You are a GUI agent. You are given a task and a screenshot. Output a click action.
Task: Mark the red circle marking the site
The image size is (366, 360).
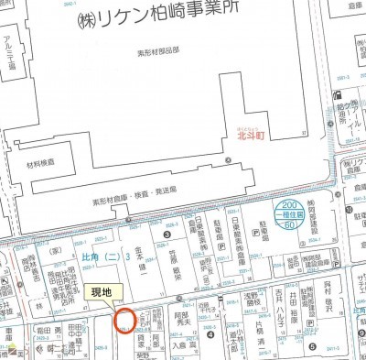125,320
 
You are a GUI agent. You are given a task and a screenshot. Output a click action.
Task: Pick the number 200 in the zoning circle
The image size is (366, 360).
290,204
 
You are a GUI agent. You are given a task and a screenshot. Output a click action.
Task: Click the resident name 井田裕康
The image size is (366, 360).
295,306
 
